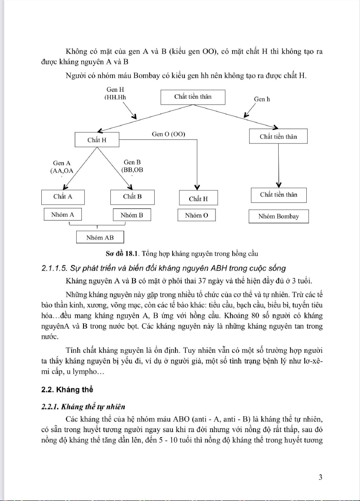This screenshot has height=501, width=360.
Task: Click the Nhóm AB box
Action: click(100, 237)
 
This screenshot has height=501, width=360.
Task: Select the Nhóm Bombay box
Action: click(279, 216)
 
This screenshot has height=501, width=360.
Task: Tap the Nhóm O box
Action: click(196, 216)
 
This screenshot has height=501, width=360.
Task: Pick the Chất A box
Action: click(63, 197)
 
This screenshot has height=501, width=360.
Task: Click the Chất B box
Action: click(132, 197)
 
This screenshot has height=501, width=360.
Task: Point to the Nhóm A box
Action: click(63, 215)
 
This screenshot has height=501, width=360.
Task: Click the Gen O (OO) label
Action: click(168, 134)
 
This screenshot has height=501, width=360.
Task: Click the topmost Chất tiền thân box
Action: click(193, 97)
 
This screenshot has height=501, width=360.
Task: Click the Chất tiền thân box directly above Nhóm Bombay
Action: click(279, 195)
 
